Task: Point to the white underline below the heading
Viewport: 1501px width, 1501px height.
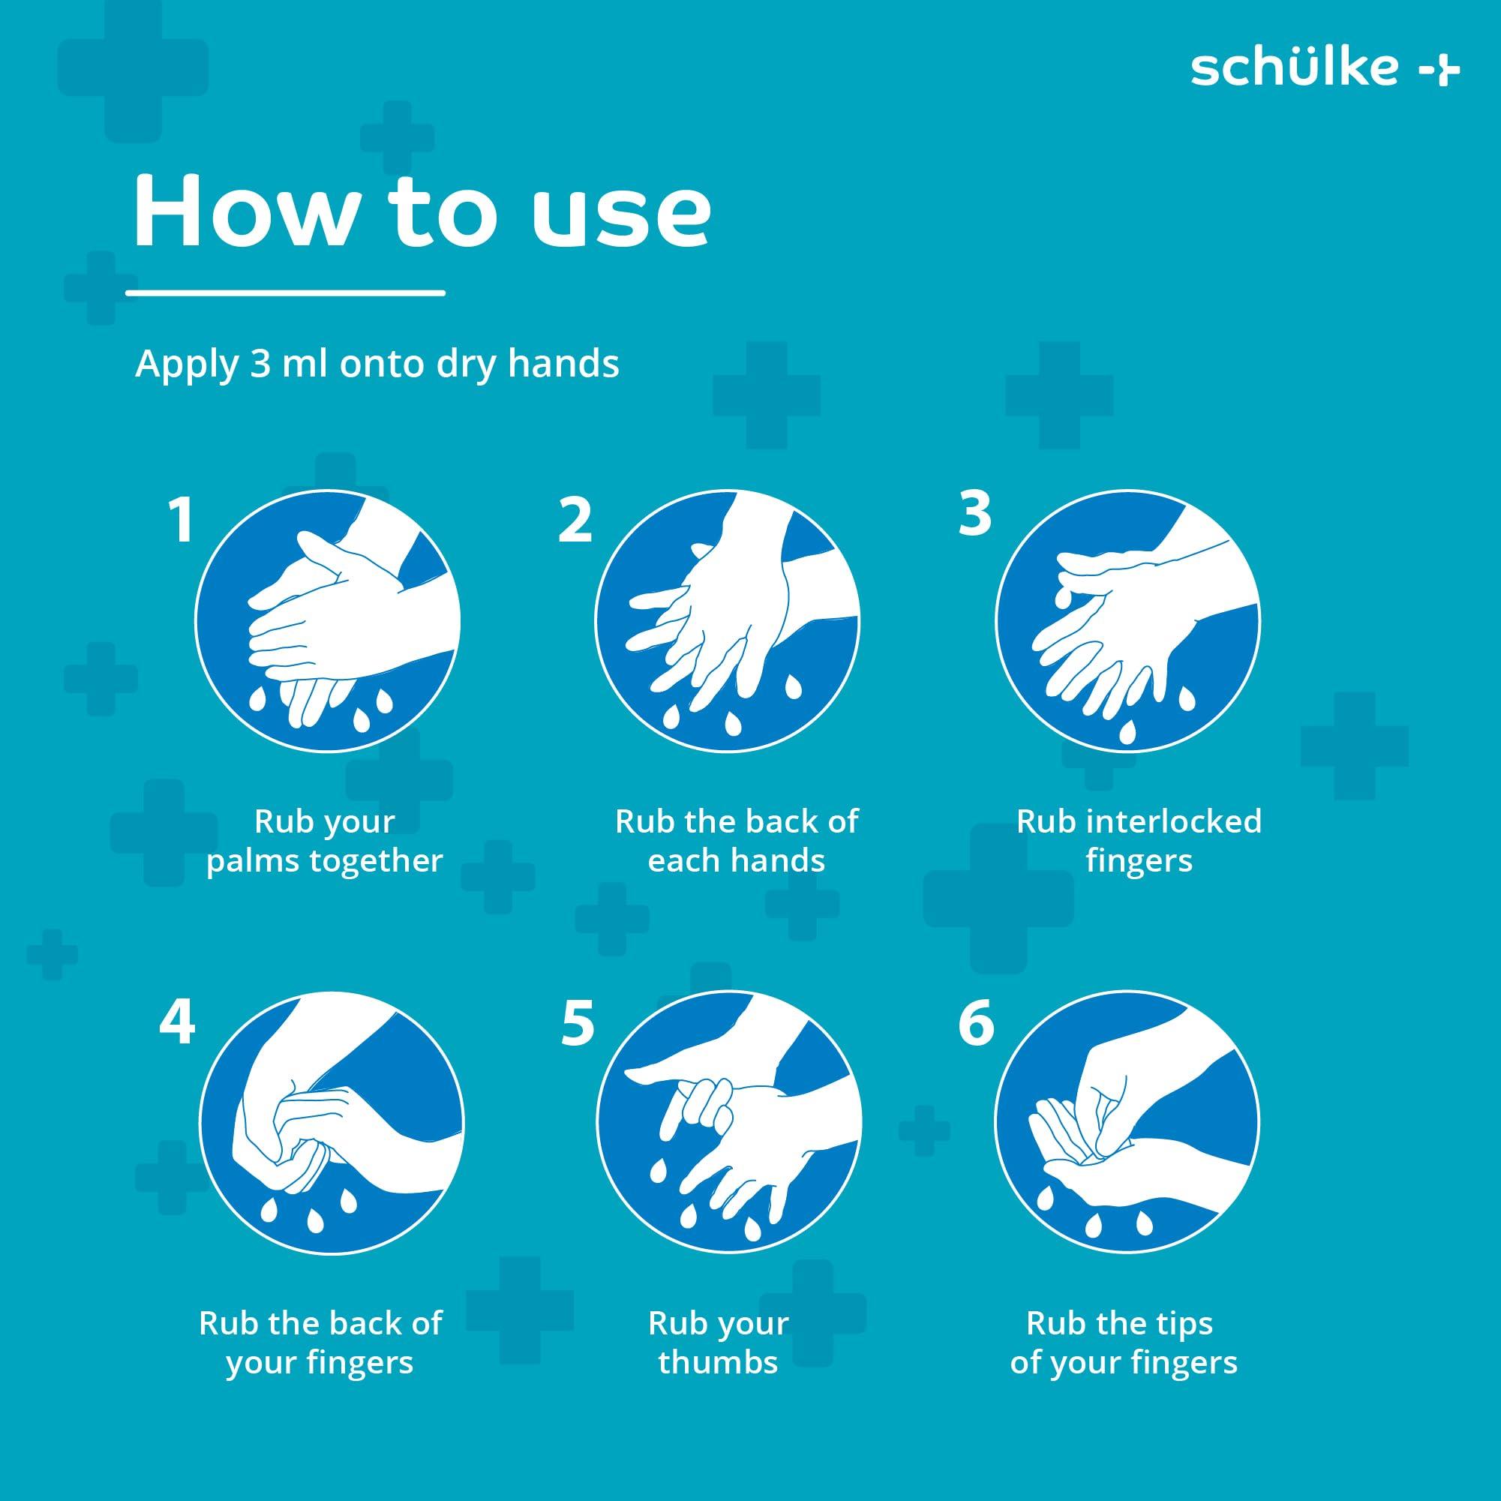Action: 285,293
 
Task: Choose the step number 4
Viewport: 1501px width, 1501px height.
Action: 176,1022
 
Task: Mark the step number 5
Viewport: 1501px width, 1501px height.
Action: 578,1022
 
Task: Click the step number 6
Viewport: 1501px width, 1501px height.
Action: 976,1022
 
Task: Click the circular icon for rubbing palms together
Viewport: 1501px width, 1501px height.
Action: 327,621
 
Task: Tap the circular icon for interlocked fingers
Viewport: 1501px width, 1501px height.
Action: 1127,621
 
